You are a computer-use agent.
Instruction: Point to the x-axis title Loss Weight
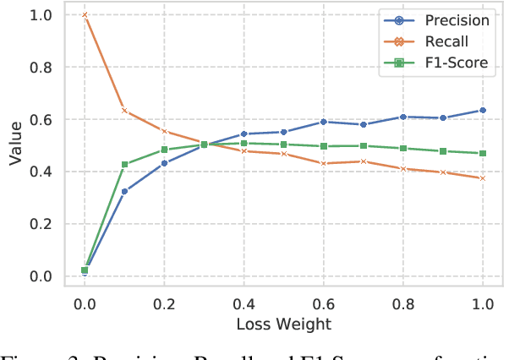tap(283, 324)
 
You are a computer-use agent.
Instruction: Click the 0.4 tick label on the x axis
tap(244, 303)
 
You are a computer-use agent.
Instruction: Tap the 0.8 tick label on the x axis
tap(402, 303)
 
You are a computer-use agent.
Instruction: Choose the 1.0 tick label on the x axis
tap(482, 303)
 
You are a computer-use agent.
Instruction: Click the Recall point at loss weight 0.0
tap(85, 15)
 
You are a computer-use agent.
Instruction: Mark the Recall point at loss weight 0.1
tap(124, 111)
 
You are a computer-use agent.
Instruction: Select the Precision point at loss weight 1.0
tap(482, 110)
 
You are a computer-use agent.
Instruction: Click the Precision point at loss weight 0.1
tap(124, 191)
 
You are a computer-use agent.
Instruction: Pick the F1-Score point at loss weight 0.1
tap(124, 165)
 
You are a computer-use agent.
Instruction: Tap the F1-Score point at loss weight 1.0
tap(482, 153)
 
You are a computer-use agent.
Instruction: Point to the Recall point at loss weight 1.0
tap(482, 178)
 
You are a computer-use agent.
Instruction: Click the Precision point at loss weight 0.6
tap(323, 122)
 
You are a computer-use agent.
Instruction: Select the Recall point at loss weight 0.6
tap(323, 163)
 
